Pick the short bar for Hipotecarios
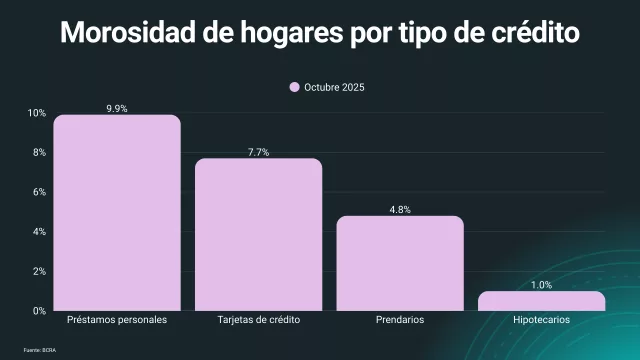point(541,301)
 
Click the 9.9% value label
point(116,106)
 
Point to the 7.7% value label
point(258,151)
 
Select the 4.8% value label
point(400,209)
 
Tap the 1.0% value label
point(541,285)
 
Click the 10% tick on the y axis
point(36,113)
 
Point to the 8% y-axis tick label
point(38,153)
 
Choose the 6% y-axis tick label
point(38,192)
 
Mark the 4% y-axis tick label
point(38,232)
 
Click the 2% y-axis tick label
point(38,271)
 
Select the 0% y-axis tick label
point(38,311)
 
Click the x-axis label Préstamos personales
point(116,321)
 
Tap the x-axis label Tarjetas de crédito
point(258,321)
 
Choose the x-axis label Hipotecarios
point(541,321)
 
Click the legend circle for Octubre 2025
point(295,88)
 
